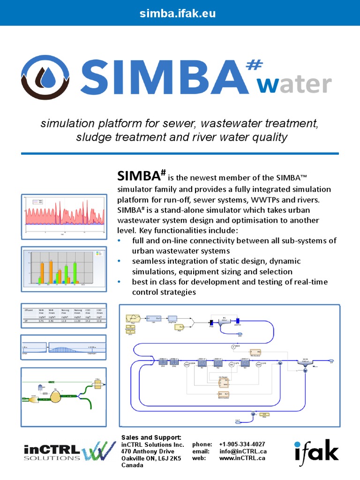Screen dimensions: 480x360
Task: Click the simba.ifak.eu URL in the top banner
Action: [x=178, y=14]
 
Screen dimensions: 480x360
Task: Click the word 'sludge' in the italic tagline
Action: [x=92, y=137]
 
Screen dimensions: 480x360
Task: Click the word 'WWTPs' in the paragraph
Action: [x=266, y=200]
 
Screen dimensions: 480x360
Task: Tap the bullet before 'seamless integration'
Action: [x=120, y=261]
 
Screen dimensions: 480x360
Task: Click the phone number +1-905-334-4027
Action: [x=242, y=444]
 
